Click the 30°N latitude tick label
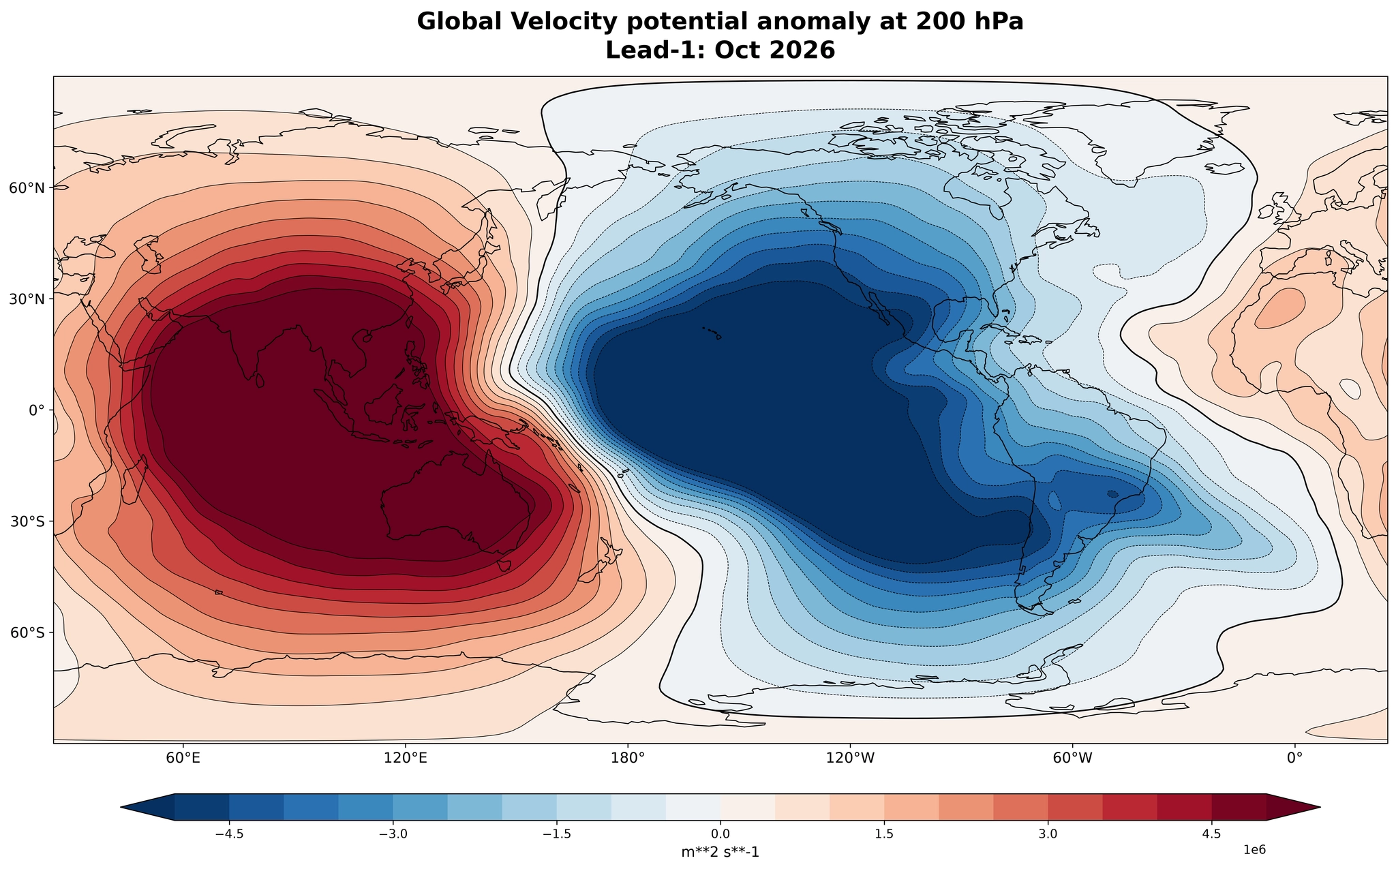(27, 299)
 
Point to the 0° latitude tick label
(36, 410)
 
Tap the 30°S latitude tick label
(27, 521)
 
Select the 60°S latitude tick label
(27, 632)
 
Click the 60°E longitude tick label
(183, 757)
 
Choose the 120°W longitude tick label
(850, 757)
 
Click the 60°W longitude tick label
(1072, 757)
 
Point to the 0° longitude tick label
(1294, 757)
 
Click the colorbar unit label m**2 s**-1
(720, 852)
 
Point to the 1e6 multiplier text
(1255, 849)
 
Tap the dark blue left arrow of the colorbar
(147, 807)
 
